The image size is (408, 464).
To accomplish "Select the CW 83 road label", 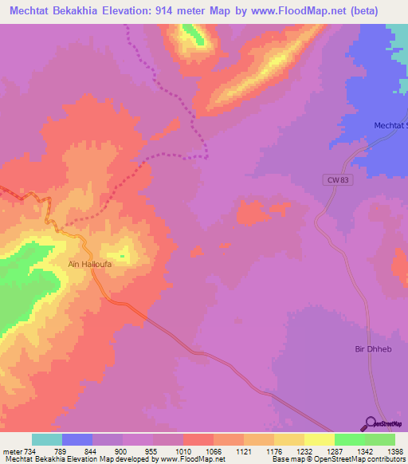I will tap(338, 180).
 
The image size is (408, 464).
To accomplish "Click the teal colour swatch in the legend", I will tap(47, 439).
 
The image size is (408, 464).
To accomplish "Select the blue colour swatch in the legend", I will tap(77, 439).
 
